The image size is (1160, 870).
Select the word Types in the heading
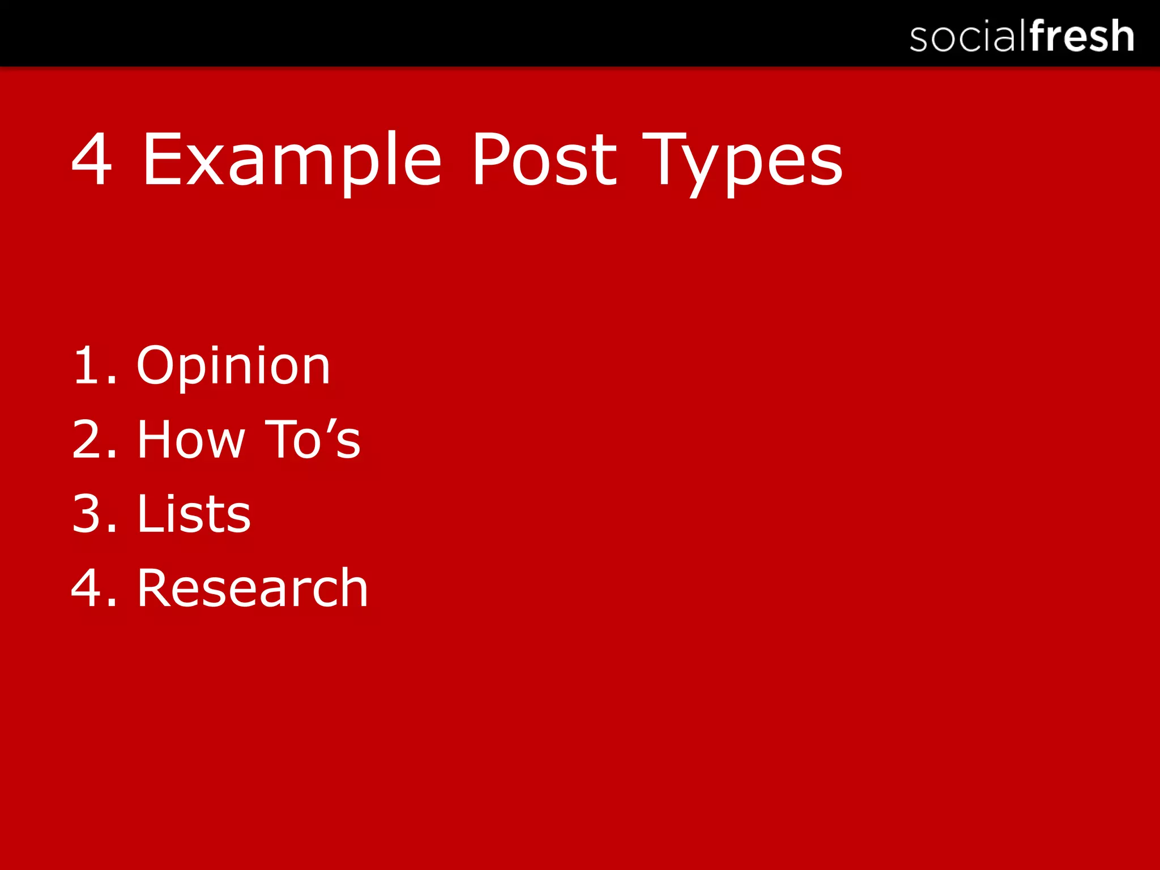[x=743, y=160]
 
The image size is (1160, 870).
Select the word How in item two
[x=191, y=440]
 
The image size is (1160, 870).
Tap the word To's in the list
[x=313, y=440]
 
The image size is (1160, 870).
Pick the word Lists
[x=194, y=514]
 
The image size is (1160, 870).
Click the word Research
[x=253, y=588]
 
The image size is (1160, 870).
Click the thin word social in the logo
[x=968, y=37]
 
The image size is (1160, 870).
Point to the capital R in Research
[x=155, y=588]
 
